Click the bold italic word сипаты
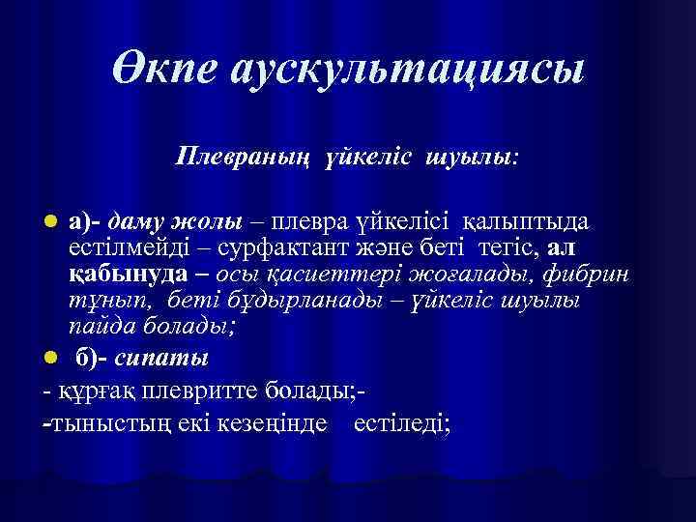[x=160, y=359]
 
